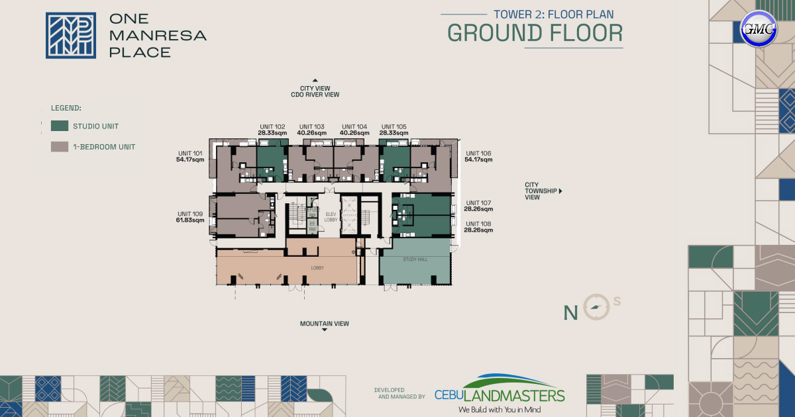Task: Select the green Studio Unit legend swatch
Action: (x=60, y=126)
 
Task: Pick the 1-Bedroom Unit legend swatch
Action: (x=60, y=146)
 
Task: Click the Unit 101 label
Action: (x=190, y=156)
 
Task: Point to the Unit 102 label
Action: (x=272, y=130)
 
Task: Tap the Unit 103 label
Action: (x=311, y=130)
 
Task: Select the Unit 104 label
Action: (x=354, y=130)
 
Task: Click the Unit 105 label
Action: (x=394, y=130)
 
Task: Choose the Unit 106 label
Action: (x=478, y=156)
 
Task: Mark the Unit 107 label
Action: (x=479, y=206)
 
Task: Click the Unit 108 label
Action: (x=479, y=227)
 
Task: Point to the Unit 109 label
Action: (x=190, y=216)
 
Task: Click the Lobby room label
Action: (x=318, y=268)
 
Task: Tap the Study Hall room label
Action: (x=415, y=259)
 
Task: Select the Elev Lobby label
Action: (x=331, y=216)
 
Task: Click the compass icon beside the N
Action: (x=596, y=307)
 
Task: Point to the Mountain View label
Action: (x=324, y=324)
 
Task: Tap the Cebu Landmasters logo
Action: (x=500, y=394)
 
